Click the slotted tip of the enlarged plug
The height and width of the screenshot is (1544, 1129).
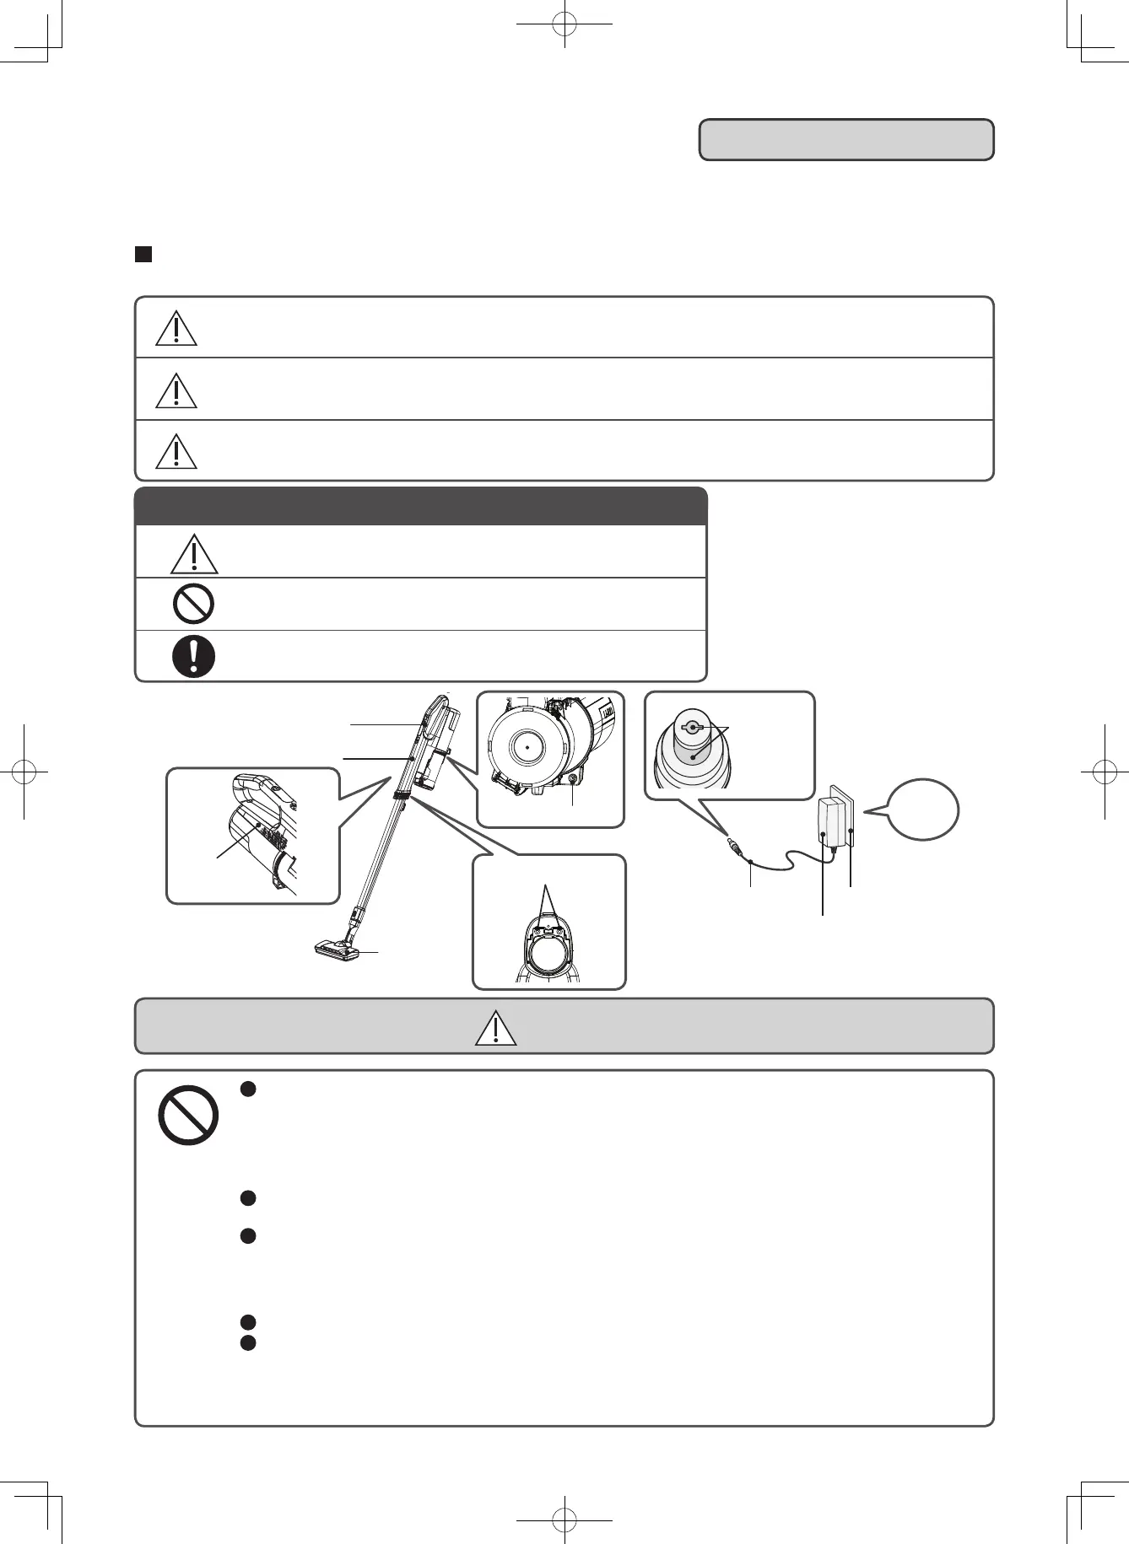click(691, 727)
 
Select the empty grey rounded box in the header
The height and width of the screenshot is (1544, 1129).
click(846, 140)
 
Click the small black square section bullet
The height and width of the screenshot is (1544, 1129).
click(143, 255)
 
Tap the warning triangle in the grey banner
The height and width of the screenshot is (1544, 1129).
click(496, 1028)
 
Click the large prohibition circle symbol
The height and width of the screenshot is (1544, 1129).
click(188, 1115)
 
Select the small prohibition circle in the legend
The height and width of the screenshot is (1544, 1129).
click(193, 605)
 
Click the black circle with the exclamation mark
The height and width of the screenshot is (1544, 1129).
click(193, 656)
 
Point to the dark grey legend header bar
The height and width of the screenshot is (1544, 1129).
click(420, 506)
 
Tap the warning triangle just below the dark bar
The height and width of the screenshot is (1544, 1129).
click(194, 554)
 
